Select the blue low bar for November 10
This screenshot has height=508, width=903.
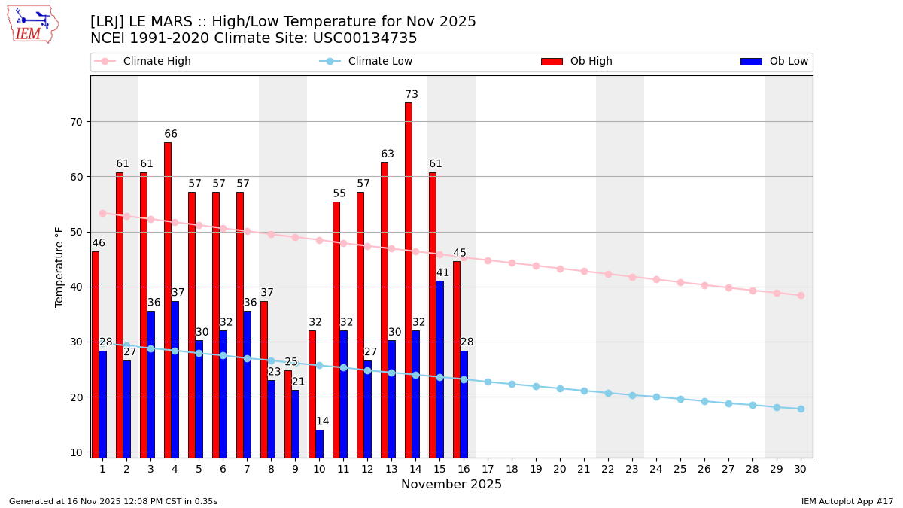[320, 443]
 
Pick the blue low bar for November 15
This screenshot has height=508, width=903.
[440, 369]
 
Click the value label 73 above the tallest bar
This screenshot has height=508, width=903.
[412, 95]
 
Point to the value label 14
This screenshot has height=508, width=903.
[322, 421]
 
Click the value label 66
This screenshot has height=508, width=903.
[171, 135]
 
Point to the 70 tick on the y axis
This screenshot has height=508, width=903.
[76, 122]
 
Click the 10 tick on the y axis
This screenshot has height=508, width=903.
[76, 452]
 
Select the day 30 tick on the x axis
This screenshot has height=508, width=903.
[800, 469]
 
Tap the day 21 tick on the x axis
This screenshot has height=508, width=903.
[584, 469]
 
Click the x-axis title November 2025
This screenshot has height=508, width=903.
[451, 485]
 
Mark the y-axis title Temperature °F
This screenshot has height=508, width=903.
[59, 266]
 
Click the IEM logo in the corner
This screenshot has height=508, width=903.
[32, 24]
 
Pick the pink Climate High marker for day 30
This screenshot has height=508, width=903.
[801, 295]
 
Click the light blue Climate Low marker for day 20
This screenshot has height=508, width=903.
[560, 388]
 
